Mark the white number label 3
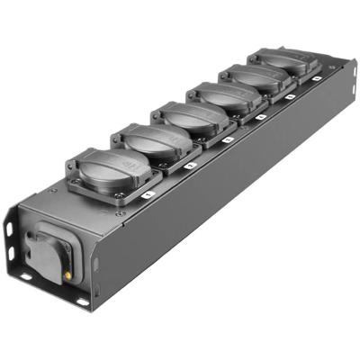click(228, 139)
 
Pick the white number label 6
click(318, 78)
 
